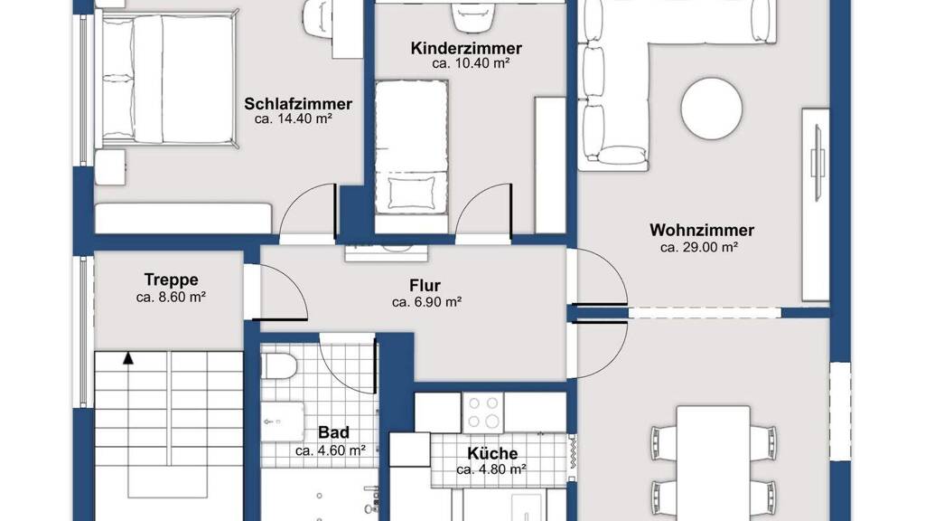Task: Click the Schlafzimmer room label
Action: point(298,104)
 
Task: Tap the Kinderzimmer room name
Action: point(466,49)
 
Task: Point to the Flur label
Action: point(425,286)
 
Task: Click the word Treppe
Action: point(171,279)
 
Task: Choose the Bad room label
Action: point(333,432)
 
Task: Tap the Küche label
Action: point(492,454)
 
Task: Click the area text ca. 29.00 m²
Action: point(699,248)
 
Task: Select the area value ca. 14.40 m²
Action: point(294,118)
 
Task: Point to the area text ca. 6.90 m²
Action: point(426,302)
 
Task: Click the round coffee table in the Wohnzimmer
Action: point(711,109)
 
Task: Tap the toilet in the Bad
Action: point(278,367)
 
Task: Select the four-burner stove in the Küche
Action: point(482,412)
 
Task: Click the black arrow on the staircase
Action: point(128,358)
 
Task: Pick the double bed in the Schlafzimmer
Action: point(167,80)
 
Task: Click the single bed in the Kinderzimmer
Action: point(412,147)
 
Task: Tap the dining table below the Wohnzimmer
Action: point(714,463)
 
